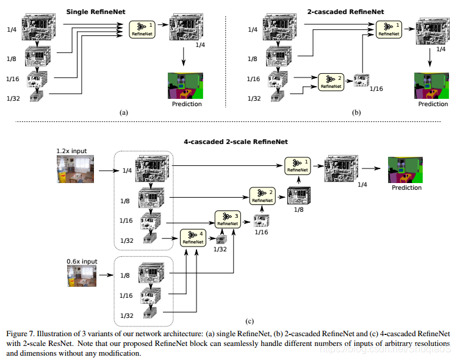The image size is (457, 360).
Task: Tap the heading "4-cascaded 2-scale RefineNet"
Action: coord(226,142)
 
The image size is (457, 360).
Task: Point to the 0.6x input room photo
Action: coord(81,275)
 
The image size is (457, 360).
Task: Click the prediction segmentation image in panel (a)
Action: coord(185,85)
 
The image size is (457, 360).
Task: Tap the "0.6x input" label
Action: coord(81,261)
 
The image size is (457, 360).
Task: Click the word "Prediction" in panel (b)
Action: coord(433,104)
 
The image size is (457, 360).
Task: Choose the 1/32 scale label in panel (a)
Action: coord(14,98)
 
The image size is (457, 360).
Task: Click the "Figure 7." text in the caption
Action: coord(21,334)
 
